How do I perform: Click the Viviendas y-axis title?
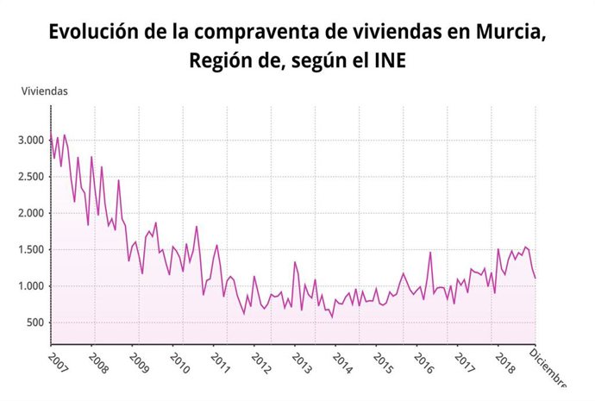(x=44, y=91)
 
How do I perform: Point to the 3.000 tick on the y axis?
(x=30, y=141)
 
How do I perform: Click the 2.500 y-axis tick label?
(x=30, y=177)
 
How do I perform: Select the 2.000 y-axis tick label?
(x=30, y=214)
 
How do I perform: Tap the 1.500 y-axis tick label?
(x=30, y=250)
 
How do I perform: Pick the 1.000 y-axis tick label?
(x=30, y=287)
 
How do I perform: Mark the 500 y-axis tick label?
(x=34, y=323)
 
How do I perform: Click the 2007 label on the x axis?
(x=59, y=358)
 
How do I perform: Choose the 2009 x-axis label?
(x=140, y=358)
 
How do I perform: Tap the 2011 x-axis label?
(x=221, y=358)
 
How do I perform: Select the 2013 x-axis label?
(x=302, y=358)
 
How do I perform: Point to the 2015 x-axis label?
(x=383, y=358)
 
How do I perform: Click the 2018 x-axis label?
(x=505, y=358)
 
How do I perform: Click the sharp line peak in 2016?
(x=430, y=253)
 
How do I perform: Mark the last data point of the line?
(x=535, y=278)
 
